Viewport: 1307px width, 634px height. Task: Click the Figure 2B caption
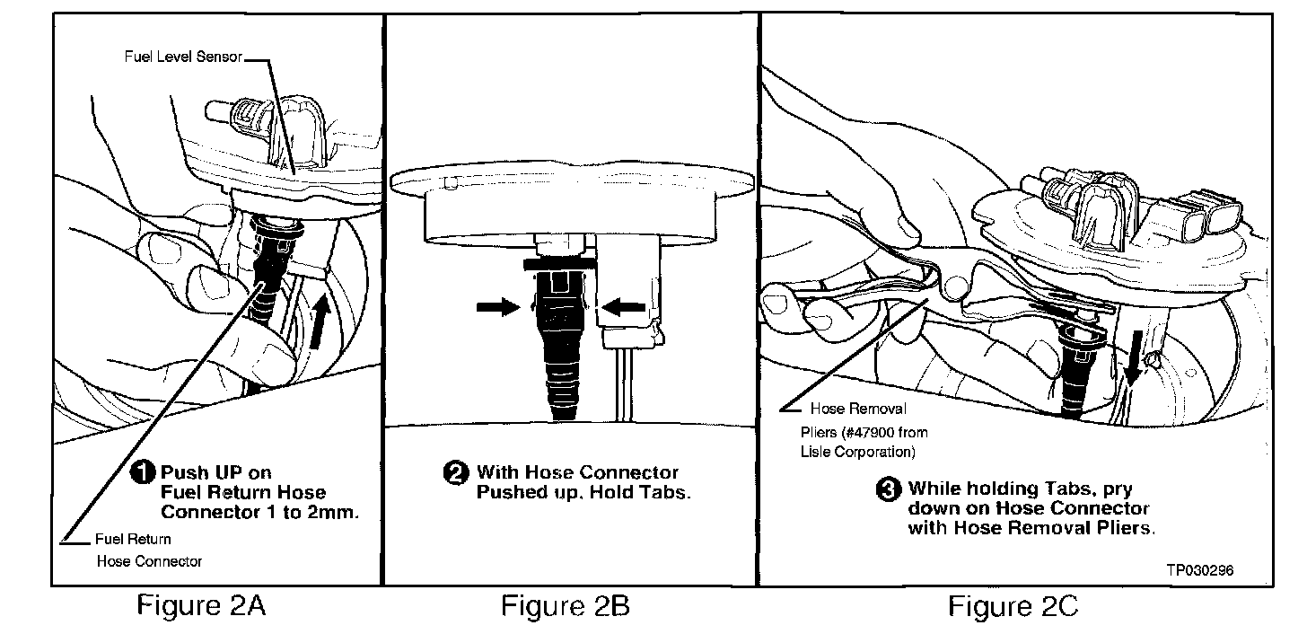566,607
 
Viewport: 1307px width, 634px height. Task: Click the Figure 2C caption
1013,607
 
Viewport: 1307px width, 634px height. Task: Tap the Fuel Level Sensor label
183,57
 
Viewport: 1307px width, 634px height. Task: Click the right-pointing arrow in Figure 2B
496,306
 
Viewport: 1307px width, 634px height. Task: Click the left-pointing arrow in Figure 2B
626,307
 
